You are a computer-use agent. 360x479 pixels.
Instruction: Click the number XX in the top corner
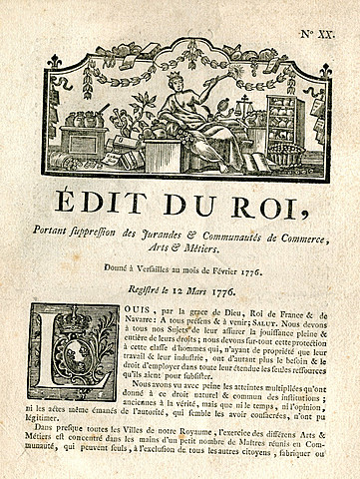coord(326,33)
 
